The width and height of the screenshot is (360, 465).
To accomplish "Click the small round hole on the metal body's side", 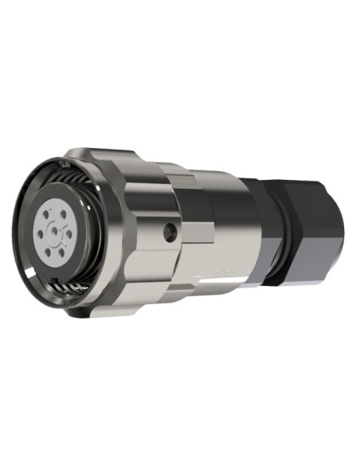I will click(167, 232).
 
